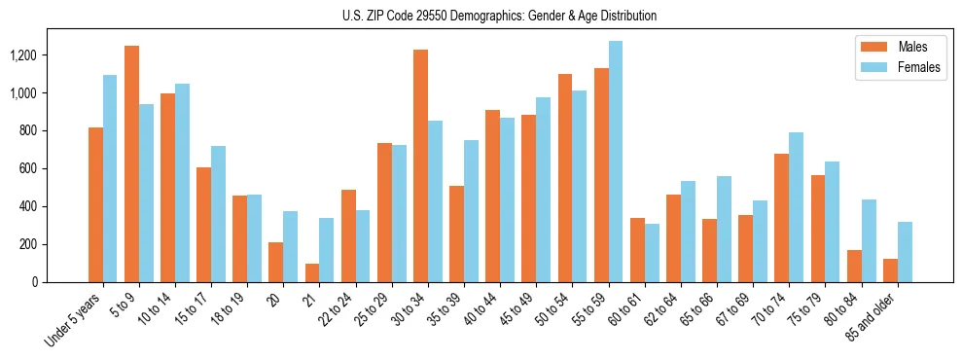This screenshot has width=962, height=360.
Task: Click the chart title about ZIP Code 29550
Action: coord(500,16)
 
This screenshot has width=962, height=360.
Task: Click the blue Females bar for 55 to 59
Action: coord(615,162)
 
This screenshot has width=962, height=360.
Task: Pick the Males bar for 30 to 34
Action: coord(420,165)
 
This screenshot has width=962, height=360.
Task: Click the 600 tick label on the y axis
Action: coord(53,168)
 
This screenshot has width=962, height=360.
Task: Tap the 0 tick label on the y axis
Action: coord(61,282)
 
